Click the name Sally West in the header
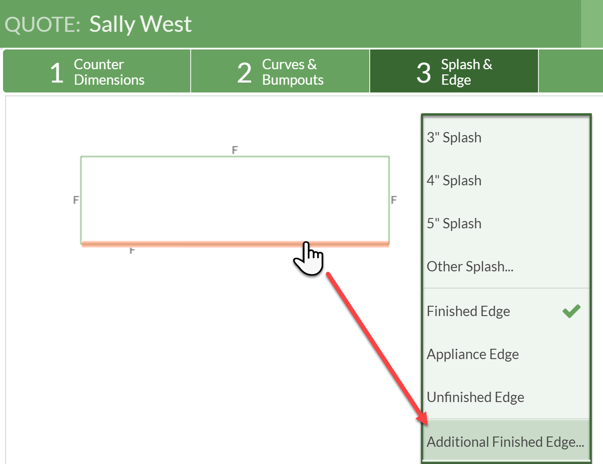pos(140,25)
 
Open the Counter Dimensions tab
pos(97,71)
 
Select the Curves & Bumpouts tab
pos(280,71)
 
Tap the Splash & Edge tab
pos(454,71)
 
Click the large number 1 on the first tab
pos(57,73)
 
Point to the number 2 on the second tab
pos(244,73)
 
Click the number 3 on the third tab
pos(424,73)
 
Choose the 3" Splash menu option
pos(454,138)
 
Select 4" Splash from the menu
pos(454,181)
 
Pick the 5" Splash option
pos(454,224)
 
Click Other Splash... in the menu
pos(470,266)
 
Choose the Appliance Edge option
pos(473,354)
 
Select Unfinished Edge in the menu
pos(475,397)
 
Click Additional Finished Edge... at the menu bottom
pos(505,442)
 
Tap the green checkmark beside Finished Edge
pos(572,311)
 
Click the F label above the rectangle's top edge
pos(235,150)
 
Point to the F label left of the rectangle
pos(76,200)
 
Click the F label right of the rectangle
pos(394,200)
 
